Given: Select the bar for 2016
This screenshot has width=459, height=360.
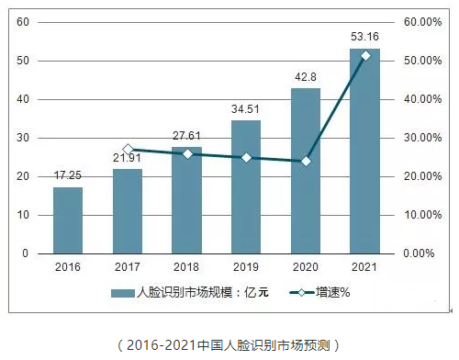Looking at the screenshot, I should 68,220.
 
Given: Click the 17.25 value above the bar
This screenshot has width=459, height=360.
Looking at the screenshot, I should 68,175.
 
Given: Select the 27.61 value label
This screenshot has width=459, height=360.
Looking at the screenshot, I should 187,136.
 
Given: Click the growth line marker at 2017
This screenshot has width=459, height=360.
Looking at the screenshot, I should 128,149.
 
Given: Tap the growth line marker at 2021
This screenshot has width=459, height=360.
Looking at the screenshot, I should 365,56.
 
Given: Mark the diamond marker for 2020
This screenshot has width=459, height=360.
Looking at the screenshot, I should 306,161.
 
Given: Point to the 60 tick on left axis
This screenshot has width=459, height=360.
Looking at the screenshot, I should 23,21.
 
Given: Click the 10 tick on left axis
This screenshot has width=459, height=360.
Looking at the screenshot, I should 23,215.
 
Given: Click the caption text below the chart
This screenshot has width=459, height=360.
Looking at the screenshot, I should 229,345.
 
